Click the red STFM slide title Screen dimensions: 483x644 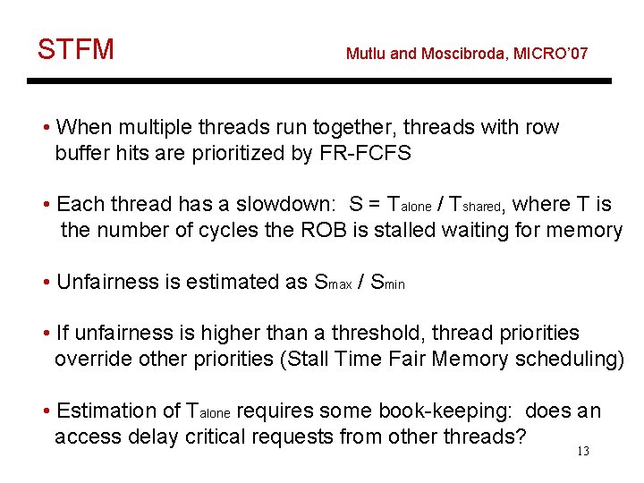[x=76, y=49]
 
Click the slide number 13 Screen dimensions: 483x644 [x=583, y=452]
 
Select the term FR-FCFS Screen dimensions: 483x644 [x=365, y=153]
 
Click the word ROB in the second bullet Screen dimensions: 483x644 [x=319, y=231]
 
